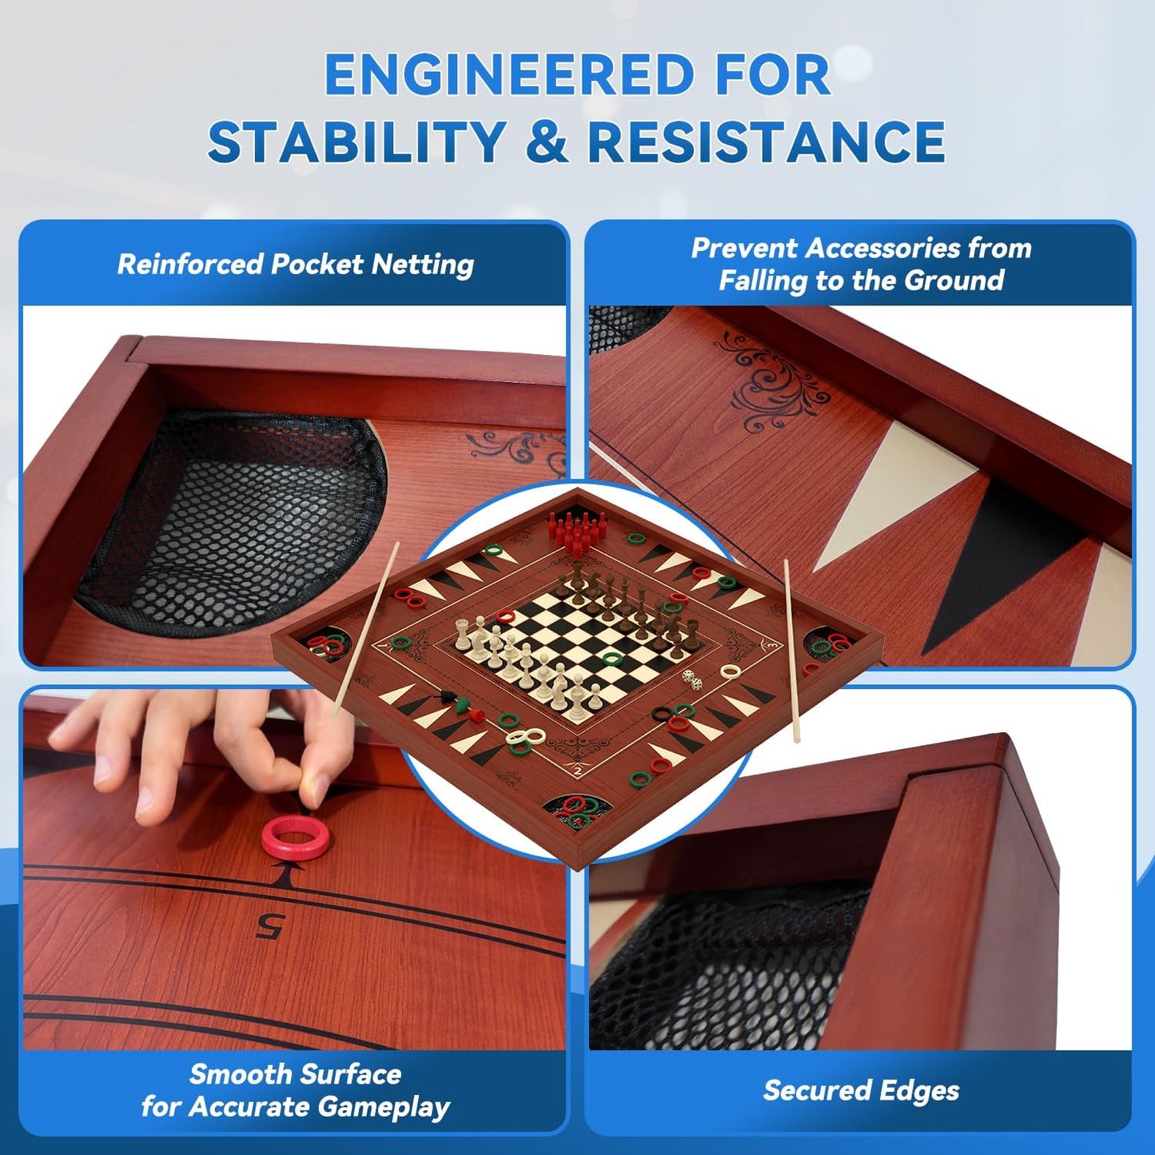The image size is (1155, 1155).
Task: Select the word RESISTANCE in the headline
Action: [x=766, y=141]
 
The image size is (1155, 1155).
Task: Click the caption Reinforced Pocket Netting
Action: [x=296, y=265]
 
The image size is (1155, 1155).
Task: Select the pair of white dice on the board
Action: [x=691, y=680]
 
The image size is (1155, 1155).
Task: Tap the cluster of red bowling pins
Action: [x=572, y=528]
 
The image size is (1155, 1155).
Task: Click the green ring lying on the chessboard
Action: [x=611, y=659]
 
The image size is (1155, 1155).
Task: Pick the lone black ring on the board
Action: [x=661, y=713]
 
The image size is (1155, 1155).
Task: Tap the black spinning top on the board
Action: [x=447, y=696]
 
